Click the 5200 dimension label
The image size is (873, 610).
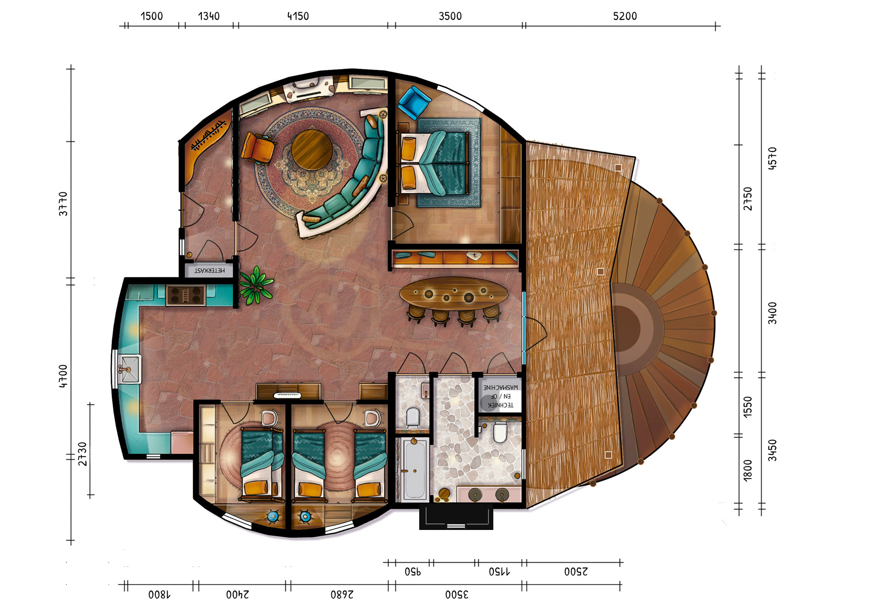pyautogui.click(x=624, y=16)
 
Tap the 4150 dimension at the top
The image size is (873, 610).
pyautogui.click(x=298, y=16)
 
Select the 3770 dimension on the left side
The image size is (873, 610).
pyautogui.click(x=63, y=203)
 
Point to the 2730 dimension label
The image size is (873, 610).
pyautogui.click(x=82, y=454)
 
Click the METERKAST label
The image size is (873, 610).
pyautogui.click(x=209, y=270)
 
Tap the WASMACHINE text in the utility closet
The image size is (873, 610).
pyautogui.click(x=500, y=387)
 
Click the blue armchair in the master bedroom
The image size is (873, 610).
pyautogui.click(x=413, y=102)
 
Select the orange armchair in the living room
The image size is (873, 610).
pyautogui.click(x=258, y=147)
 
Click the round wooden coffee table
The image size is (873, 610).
pyautogui.click(x=312, y=149)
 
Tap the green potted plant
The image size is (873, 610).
pyautogui.click(x=256, y=285)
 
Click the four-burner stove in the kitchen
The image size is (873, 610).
pyautogui.click(x=186, y=295)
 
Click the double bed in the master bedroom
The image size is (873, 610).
pyautogui.click(x=434, y=162)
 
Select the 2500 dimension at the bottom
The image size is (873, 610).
pyautogui.click(x=576, y=571)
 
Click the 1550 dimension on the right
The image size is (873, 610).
pyautogui.click(x=748, y=406)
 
